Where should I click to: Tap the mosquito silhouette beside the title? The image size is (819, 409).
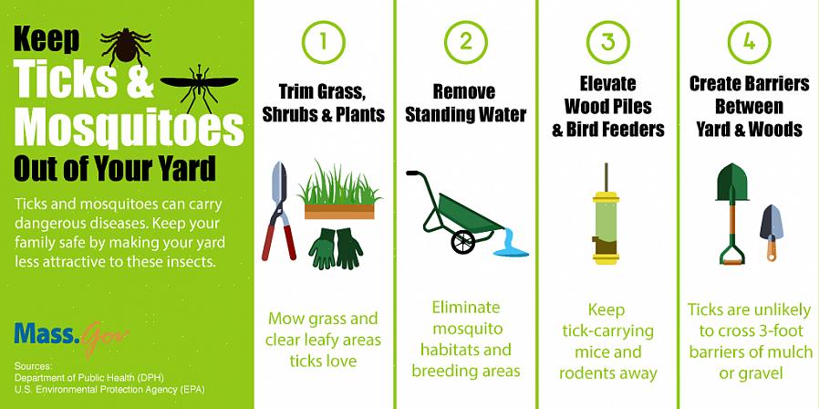199,87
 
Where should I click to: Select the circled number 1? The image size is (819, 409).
324,42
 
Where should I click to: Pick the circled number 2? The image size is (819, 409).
466,42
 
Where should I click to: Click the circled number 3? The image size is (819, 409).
608,42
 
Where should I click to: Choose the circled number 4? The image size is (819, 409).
749,42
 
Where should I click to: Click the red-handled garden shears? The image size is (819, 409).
279,211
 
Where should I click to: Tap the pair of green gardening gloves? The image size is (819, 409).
336,248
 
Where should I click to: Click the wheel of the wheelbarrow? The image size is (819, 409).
462,241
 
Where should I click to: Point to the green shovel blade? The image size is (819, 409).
731,183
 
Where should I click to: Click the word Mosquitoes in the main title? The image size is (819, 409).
129,128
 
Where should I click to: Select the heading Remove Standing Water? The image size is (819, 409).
466,103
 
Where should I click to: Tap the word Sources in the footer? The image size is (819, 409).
34,366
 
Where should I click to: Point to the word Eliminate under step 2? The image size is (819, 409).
466,307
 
